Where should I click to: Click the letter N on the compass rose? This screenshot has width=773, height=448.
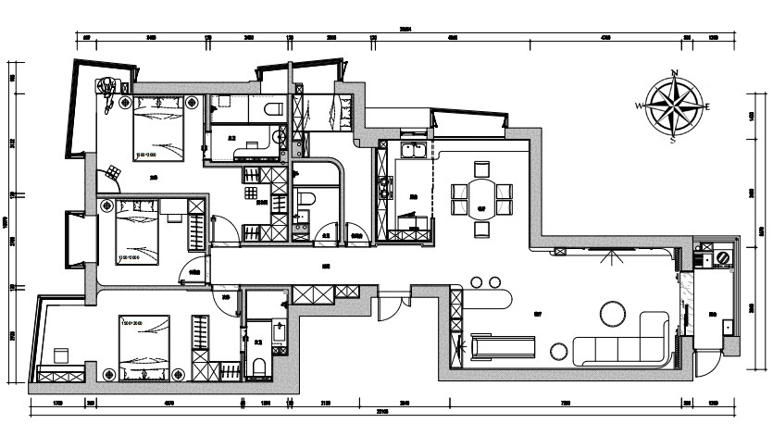click(x=675, y=72)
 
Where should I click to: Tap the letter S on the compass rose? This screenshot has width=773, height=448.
click(x=674, y=141)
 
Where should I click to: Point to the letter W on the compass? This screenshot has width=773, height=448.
click(x=639, y=107)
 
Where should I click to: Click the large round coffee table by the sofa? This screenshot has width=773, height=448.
click(x=613, y=314)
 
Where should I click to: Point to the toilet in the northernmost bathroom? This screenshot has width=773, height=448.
click(x=272, y=109)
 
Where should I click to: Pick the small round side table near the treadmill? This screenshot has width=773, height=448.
click(x=559, y=350)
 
